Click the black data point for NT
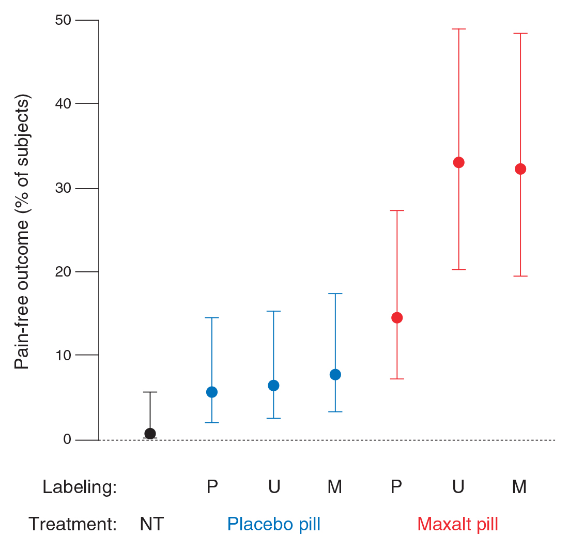click(150, 434)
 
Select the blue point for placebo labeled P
click(212, 392)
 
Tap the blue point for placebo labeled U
click(273, 386)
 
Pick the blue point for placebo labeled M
click(335, 375)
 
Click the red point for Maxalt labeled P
click(397, 318)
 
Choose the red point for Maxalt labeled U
click(458, 163)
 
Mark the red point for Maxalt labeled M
click(520, 169)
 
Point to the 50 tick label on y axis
click(65, 20)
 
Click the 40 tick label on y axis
click(65, 103)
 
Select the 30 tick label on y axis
click(65, 188)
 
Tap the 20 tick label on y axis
click(65, 272)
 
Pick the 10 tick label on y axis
click(65, 355)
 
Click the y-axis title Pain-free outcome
click(22, 232)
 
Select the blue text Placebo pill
click(274, 524)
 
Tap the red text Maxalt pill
click(457, 524)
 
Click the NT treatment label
click(151, 524)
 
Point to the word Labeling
click(80, 487)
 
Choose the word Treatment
click(72, 524)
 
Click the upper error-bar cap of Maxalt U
click(458, 29)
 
